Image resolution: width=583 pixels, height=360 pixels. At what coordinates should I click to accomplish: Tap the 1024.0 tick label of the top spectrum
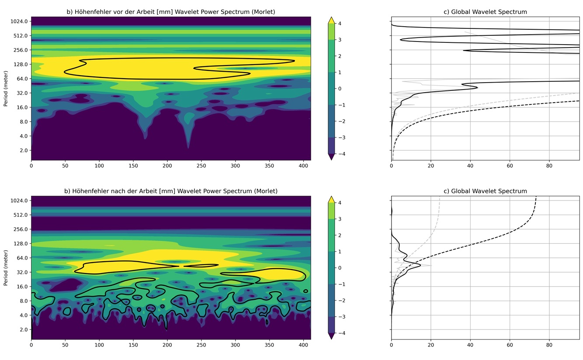(x=19, y=21)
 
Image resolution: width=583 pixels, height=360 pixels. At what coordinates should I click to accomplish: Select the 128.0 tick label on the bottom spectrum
(x=21, y=244)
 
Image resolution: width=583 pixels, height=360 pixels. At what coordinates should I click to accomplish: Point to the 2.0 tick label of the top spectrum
(x=24, y=150)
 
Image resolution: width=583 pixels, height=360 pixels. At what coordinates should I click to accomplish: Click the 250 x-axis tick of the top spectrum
(x=201, y=166)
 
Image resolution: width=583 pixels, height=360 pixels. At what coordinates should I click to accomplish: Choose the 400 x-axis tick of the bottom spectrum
(x=303, y=345)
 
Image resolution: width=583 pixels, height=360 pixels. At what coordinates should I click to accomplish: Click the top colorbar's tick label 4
(x=340, y=24)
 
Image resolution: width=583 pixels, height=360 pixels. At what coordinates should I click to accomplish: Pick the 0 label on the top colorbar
(x=340, y=89)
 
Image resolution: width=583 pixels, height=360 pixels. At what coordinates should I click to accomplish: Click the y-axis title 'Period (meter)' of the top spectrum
(x=6, y=89)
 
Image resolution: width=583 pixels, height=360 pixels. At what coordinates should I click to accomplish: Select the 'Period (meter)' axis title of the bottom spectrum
(x=6, y=268)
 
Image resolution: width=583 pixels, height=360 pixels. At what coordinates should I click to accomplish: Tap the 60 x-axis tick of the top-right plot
(x=510, y=166)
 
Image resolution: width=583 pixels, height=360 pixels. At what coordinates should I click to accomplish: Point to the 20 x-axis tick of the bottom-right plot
(x=431, y=345)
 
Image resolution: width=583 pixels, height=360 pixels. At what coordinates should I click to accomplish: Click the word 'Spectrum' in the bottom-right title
(x=513, y=191)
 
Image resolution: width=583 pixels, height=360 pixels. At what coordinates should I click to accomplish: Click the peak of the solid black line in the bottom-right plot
(x=420, y=265)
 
